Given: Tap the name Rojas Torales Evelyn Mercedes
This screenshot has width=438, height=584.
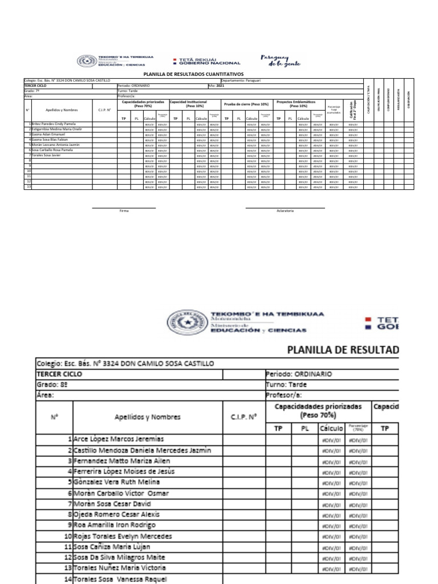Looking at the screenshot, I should point(122,536).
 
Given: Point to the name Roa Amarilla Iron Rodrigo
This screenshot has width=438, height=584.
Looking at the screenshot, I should point(114,525).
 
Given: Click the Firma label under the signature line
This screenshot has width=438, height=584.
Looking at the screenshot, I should point(124,211).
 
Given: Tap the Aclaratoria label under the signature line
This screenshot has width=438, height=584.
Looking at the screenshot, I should point(285,211).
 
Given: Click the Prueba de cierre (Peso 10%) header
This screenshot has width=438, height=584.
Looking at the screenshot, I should point(246,104).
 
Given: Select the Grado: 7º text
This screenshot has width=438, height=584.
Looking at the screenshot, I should point(31,90).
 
